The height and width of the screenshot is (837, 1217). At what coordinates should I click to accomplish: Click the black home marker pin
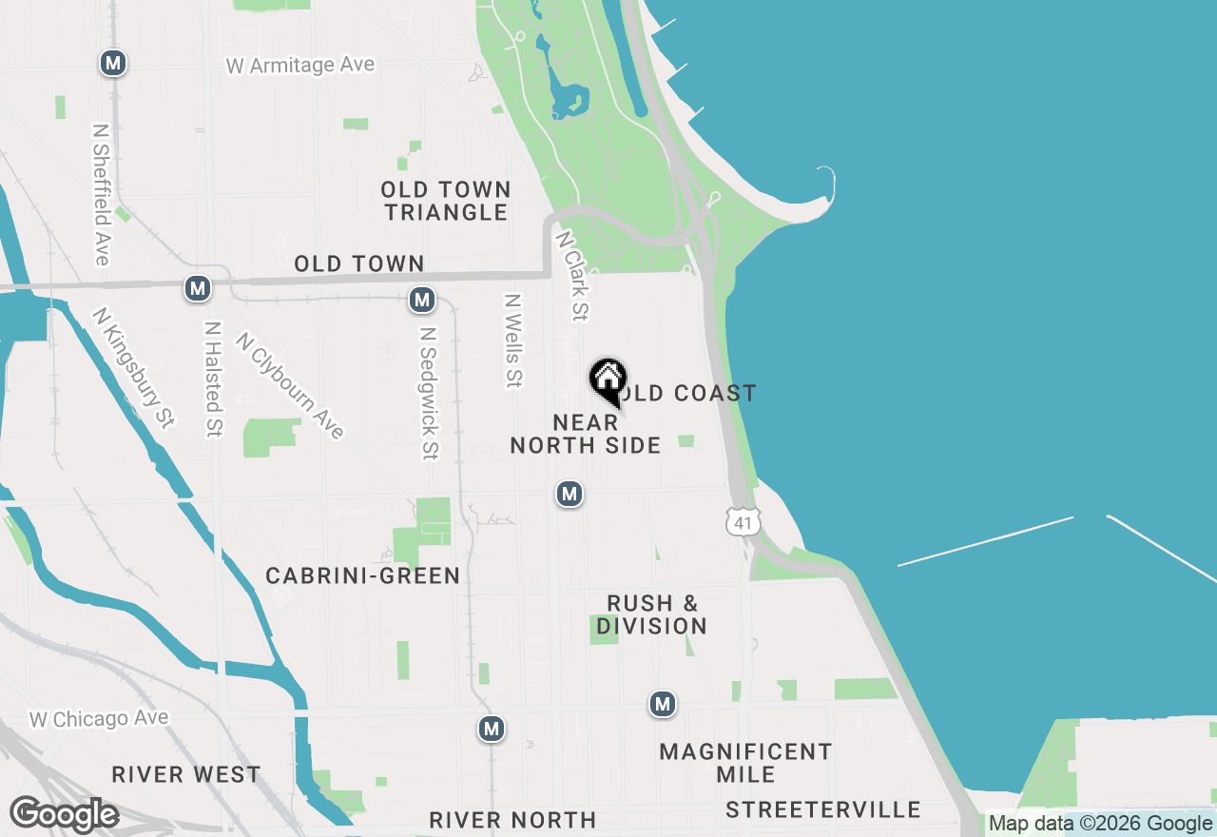608,380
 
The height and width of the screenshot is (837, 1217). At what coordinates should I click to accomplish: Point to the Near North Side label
586,434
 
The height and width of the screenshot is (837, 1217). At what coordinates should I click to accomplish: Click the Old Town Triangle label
447,201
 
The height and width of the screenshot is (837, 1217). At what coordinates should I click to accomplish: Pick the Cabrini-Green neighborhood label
363,575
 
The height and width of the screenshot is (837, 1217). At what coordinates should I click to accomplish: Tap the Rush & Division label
652,614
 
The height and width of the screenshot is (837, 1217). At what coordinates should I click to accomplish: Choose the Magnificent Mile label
745,763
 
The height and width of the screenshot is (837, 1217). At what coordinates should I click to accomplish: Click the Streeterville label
823,810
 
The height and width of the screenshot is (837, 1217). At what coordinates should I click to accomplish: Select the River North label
512,820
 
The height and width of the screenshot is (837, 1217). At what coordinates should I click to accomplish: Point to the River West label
186,774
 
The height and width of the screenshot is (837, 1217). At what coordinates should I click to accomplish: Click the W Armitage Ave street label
300,66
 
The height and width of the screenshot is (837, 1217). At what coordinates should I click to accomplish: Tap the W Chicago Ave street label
99,719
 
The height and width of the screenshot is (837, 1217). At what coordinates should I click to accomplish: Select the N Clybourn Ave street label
290,385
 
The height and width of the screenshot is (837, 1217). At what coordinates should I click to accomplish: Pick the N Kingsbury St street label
134,367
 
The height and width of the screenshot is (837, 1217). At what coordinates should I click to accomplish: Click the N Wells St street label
513,341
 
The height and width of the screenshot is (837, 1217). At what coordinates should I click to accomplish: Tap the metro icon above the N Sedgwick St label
421,301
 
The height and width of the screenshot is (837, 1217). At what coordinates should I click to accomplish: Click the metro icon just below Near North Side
570,494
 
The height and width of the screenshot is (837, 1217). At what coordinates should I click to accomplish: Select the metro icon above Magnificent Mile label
663,705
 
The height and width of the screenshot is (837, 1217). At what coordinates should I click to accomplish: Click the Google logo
64,815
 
